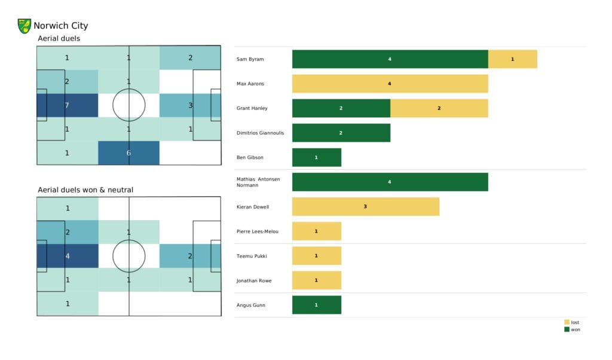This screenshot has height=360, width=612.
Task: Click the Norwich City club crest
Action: point(25,26)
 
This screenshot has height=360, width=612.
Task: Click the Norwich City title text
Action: point(60,26)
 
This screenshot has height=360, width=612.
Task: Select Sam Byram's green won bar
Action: point(390,59)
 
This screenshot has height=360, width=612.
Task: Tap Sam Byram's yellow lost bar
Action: point(512,59)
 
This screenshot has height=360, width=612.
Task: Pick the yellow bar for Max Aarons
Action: point(390,84)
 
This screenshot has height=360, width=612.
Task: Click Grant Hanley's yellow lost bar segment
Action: point(439,108)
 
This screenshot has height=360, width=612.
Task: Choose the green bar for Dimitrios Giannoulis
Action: point(341,133)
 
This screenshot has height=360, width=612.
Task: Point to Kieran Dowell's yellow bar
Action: point(365,207)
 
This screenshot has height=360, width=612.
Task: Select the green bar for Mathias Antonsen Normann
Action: point(390,182)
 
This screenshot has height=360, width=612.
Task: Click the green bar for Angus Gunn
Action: point(316,305)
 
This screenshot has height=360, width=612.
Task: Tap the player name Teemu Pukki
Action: point(252,256)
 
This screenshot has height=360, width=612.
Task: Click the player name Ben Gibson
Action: point(250,157)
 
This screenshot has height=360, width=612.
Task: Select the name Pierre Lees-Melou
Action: point(258,231)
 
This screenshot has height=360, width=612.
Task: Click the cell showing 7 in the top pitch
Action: point(67,105)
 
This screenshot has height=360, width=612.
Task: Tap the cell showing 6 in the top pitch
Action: point(128,152)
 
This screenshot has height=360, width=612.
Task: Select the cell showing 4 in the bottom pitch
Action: point(67,256)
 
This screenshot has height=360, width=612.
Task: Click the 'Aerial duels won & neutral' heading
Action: point(85,190)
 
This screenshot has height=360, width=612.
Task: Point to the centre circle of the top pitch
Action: point(128,105)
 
